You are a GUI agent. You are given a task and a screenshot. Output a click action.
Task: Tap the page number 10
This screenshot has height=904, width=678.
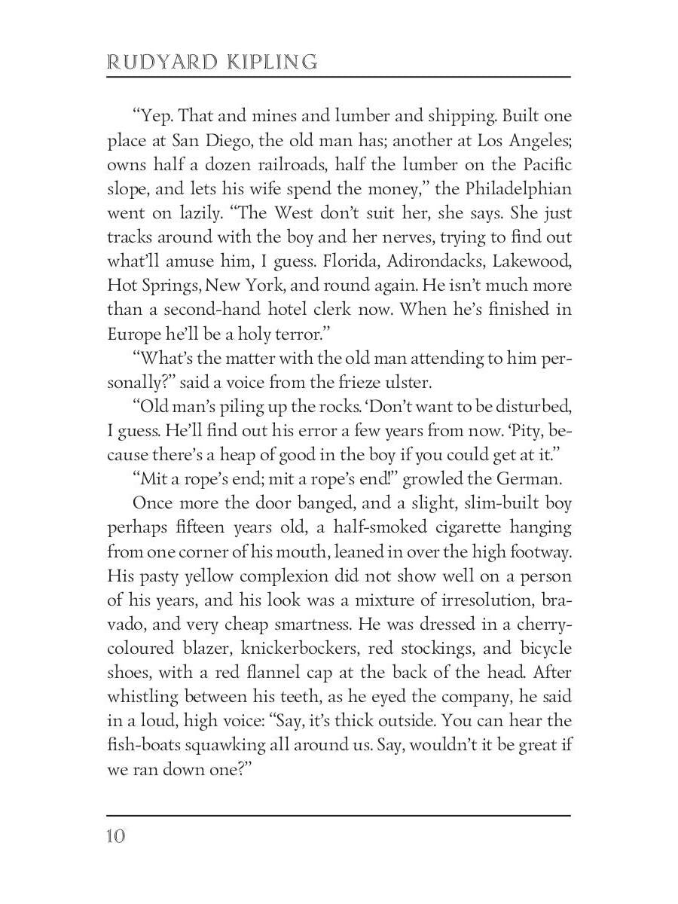point(116,836)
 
